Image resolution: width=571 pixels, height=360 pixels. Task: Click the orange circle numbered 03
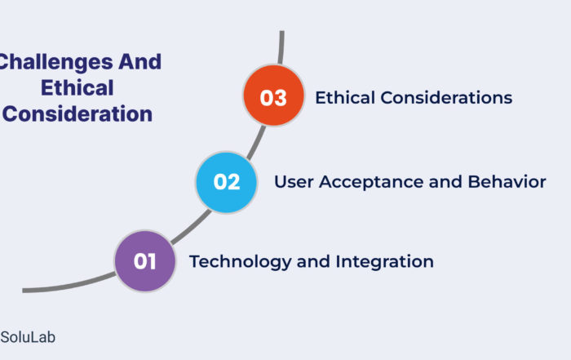pyautogui.click(x=273, y=96)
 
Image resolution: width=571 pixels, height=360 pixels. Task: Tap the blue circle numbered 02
pyautogui.click(x=226, y=182)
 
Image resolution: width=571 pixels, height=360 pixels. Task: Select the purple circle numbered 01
pyautogui.click(x=145, y=261)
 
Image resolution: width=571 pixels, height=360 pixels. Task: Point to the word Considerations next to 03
pyautogui.click(x=446, y=98)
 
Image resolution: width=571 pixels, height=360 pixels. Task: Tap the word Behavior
pyautogui.click(x=507, y=182)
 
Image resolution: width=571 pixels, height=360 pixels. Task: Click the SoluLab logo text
pyautogui.click(x=28, y=337)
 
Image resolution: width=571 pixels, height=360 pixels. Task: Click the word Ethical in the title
pyautogui.click(x=77, y=88)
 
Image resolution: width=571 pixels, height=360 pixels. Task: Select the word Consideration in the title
pyautogui.click(x=77, y=113)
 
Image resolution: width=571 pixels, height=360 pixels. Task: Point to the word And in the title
pyautogui.click(x=139, y=61)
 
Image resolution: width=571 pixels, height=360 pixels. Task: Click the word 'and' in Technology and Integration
pyautogui.click(x=313, y=261)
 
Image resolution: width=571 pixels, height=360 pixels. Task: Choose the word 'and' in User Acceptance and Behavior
pyautogui.click(x=445, y=182)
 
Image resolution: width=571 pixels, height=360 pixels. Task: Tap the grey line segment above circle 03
pyautogui.click(x=281, y=47)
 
